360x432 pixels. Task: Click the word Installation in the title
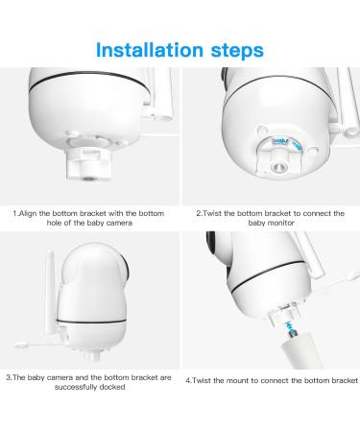(x=150, y=50)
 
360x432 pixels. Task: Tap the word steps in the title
(x=237, y=51)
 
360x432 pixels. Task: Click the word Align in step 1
(x=28, y=213)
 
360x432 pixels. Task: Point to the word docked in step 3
(x=112, y=387)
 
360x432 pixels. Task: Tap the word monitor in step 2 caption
(x=280, y=223)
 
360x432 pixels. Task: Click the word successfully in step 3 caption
(x=76, y=387)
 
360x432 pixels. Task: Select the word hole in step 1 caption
(x=54, y=223)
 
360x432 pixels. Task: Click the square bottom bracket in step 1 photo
(x=89, y=163)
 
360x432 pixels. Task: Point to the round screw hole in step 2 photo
(x=278, y=167)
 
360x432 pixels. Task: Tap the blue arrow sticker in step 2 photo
(x=280, y=141)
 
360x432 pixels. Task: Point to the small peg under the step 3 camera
(x=91, y=355)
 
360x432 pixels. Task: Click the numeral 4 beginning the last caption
(x=187, y=380)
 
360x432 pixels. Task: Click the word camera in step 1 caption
(x=119, y=223)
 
